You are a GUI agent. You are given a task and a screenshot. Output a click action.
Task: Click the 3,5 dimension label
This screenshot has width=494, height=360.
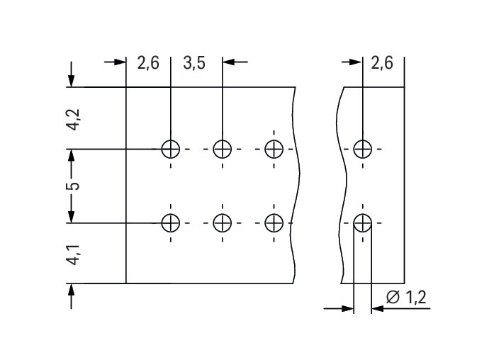tap(194, 63)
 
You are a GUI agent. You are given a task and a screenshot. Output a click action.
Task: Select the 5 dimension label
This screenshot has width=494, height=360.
tap(72, 186)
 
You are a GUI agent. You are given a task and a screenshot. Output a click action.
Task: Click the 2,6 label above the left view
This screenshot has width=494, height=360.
tap(147, 63)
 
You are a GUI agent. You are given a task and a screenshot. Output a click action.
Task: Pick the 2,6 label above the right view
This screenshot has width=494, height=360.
tap(382, 63)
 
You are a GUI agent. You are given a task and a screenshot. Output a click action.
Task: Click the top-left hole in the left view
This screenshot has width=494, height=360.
tap(170, 149)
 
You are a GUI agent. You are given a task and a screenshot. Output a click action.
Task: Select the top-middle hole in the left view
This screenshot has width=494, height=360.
tap(223, 149)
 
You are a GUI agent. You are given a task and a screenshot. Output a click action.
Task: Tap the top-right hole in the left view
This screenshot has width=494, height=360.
tap(274, 149)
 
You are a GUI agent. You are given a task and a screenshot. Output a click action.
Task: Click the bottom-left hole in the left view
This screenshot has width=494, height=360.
tap(170, 223)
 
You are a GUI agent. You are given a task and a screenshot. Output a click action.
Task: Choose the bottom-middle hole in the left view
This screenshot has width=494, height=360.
tap(223, 223)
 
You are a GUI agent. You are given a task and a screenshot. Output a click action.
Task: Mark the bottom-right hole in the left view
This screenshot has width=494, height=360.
tap(274, 223)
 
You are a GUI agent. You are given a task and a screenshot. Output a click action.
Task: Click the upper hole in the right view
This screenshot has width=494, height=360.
tap(362, 149)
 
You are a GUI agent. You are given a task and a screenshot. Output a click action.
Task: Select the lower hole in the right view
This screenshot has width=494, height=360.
tap(362, 223)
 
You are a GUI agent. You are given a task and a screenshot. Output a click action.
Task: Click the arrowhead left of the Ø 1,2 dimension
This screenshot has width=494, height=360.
tap(347, 308)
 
